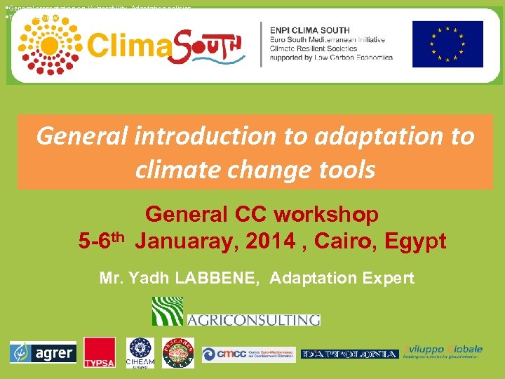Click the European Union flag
pyautogui.click(x=447, y=44)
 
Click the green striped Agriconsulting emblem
pyautogui.click(x=168, y=311)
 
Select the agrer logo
pyautogui.click(x=42, y=352)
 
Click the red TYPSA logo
pyautogui.click(x=99, y=352)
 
